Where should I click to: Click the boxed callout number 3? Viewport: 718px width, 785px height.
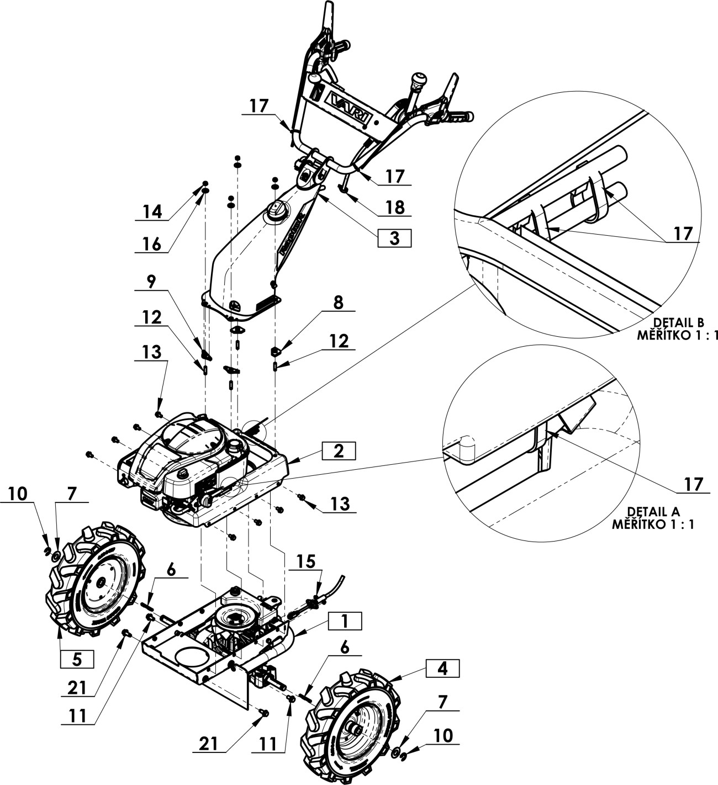394,238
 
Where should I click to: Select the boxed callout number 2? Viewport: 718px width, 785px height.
339,450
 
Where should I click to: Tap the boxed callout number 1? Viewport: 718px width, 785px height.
345,621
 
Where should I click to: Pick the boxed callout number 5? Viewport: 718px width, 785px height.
77,659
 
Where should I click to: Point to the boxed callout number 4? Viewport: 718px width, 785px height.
442,669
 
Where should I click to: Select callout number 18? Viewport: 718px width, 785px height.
395,207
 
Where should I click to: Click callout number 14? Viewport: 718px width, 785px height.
152,212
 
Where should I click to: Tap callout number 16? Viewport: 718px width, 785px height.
152,244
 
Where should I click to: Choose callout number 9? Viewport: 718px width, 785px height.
151,281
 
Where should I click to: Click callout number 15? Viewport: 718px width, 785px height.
305,561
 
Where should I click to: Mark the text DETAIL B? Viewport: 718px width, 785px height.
678,322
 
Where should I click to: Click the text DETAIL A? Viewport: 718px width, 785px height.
653,512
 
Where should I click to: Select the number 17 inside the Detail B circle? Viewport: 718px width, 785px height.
683,234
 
